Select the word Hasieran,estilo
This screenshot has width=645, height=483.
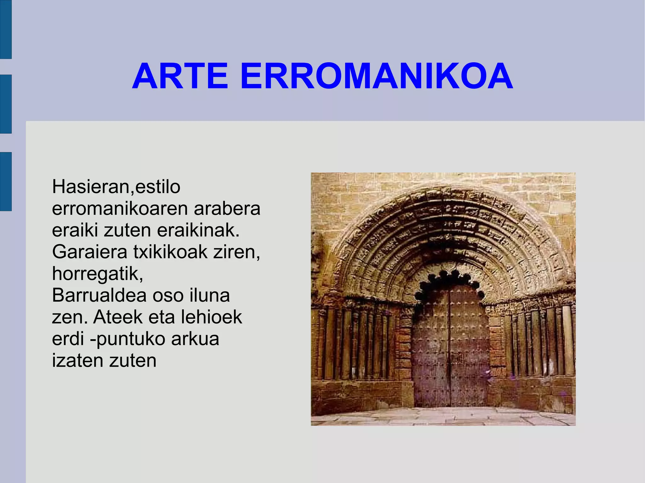coord(116,187)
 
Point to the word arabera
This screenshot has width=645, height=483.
coord(227,209)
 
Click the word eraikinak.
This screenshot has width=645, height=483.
coord(198,230)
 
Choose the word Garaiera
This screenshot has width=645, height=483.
coord(89,252)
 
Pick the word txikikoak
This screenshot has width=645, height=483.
coord(170,252)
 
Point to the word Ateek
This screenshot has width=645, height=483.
coord(118,317)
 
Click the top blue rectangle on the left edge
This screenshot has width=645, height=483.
coord(6,29)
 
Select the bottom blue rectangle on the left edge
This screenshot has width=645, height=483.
coord(6,181)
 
